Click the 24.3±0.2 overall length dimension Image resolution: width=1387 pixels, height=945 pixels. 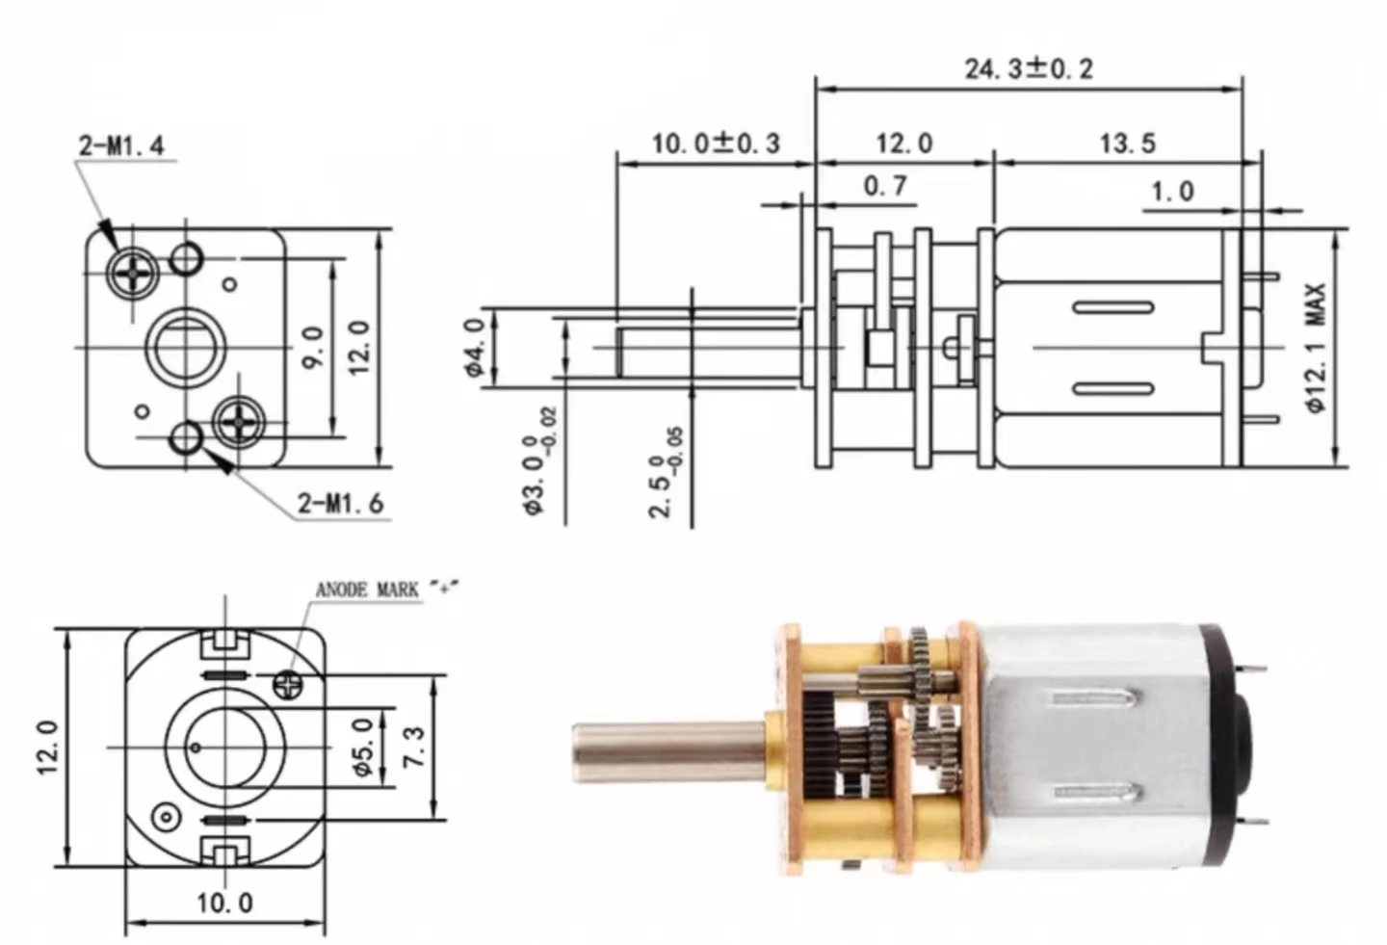1028,69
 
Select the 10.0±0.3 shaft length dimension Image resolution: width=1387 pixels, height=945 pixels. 715,144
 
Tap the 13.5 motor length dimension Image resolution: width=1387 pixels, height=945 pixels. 1127,144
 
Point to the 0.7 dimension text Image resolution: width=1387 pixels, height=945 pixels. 884,185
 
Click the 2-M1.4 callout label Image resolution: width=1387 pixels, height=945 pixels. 121,145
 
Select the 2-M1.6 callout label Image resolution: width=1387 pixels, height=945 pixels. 340,503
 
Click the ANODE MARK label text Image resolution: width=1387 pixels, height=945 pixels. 368,590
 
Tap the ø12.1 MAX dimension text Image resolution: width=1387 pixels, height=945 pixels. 1317,347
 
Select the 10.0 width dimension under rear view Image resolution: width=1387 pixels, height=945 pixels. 224,903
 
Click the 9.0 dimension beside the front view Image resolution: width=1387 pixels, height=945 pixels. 313,346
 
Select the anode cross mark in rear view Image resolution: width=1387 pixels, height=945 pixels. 288,685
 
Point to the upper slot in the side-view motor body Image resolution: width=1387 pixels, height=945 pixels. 1113,308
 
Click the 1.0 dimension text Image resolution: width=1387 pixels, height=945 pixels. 1171,191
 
